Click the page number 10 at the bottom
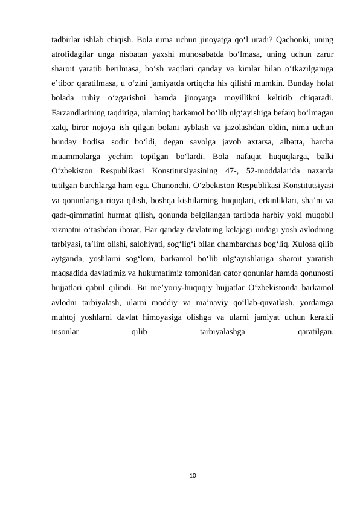(x=193, y=476)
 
